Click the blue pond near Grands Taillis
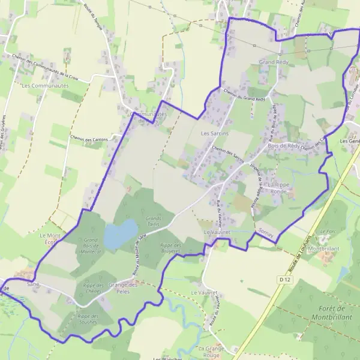(121, 233)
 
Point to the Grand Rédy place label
(274, 62)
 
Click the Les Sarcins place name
(214, 133)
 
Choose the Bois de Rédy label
(284, 146)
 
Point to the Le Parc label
(328, 231)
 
